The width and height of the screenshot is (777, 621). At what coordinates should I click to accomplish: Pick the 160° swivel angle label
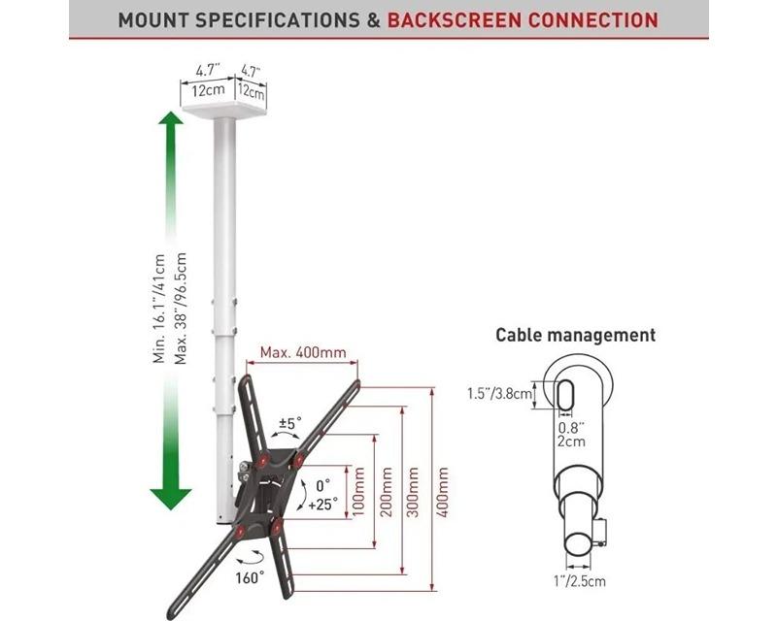(x=249, y=577)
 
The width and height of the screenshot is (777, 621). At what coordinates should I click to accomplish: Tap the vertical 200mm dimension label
(x=388, y=491)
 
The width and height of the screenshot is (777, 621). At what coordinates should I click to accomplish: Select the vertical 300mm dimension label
(x=415, y=491)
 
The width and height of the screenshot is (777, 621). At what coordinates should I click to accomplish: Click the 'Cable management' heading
(x=575, y=335)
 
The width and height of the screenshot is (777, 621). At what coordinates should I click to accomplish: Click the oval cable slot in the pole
(x=567, y=396)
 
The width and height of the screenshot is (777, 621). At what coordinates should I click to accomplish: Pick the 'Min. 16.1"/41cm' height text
(x=159, y=309)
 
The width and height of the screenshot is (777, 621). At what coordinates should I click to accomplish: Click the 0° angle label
(x=321, y=482)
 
